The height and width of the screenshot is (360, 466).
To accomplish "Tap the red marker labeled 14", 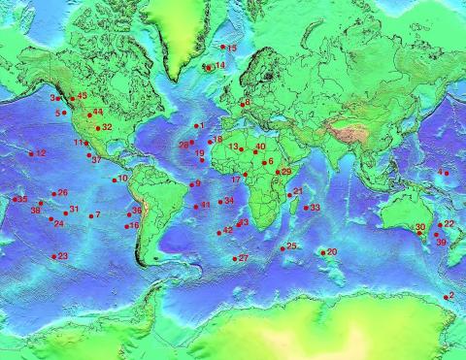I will tap(207, 67).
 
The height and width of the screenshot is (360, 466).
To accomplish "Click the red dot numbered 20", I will tap(323, 252).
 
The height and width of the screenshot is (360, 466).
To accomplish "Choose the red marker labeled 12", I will tap(31, 153).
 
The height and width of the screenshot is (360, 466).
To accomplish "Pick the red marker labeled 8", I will tap(242, 103).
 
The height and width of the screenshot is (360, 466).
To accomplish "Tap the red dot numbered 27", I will tap(234, 258).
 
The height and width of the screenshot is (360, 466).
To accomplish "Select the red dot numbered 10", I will tap(115, 180).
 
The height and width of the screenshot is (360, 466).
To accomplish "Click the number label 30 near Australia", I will tap(420, 227).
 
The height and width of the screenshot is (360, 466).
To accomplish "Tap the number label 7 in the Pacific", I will tap(97, 214).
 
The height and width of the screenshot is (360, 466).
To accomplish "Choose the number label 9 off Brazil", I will tap(197, 182).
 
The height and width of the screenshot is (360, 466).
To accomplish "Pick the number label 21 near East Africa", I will tap(298, 190).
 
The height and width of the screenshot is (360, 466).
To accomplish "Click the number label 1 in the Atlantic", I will tap(200, 125).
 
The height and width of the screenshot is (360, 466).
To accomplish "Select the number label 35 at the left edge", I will tap(21, 199).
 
